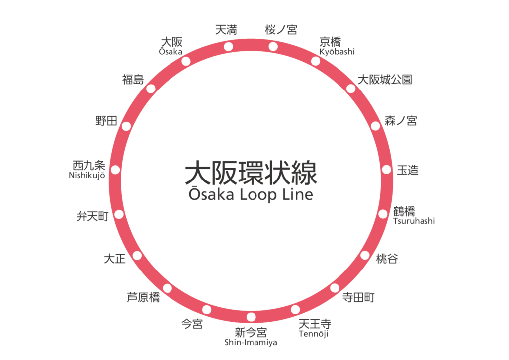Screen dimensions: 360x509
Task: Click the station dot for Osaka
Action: tap(186, 61)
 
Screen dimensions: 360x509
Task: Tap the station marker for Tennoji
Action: tap(295, 309)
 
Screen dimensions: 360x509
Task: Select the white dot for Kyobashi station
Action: tap(316, 61)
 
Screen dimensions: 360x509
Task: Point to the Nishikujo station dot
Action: tap(115, 170)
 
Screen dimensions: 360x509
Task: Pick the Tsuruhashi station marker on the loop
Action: tap(383, 214)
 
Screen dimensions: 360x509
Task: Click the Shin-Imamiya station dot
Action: tap(251, 317)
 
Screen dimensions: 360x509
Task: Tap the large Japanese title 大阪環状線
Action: tap(251, 173)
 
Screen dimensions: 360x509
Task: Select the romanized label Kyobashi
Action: tap(338, 52)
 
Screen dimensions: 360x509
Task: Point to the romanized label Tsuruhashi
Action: tap(414, 221)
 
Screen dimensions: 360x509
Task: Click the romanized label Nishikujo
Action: tap(87, 175)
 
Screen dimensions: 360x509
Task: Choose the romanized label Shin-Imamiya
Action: tap(251, 342)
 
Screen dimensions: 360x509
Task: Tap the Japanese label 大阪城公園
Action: tap(386, 79)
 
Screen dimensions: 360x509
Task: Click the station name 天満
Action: tap(226, 30)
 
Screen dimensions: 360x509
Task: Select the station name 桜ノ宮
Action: tap(281, 30)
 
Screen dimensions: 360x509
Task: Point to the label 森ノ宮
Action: tap(400, 120)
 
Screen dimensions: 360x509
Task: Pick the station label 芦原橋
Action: tap(143, 297)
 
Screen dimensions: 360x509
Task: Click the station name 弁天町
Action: tap(92, 216)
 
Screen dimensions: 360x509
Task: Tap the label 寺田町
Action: tap(358, 297)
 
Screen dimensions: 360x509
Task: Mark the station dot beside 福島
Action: tap(151, 89)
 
